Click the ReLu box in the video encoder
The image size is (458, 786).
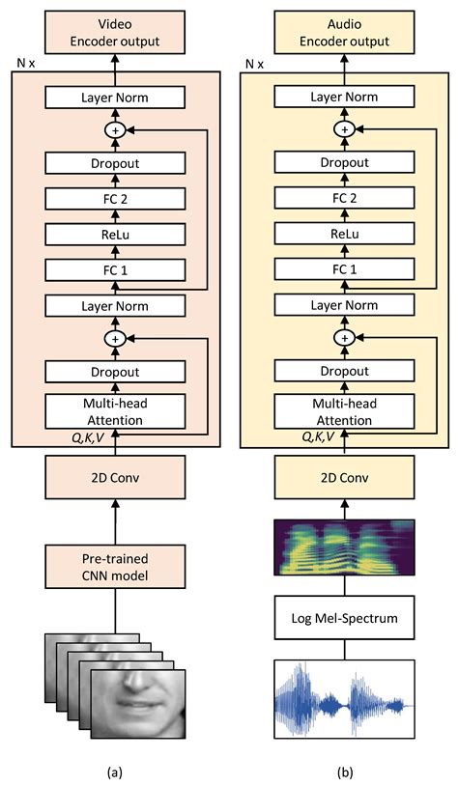pos(115,235)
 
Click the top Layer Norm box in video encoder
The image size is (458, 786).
pos(115,98)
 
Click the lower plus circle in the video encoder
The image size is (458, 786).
pos(115,338)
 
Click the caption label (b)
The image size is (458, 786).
pos(345,771)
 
